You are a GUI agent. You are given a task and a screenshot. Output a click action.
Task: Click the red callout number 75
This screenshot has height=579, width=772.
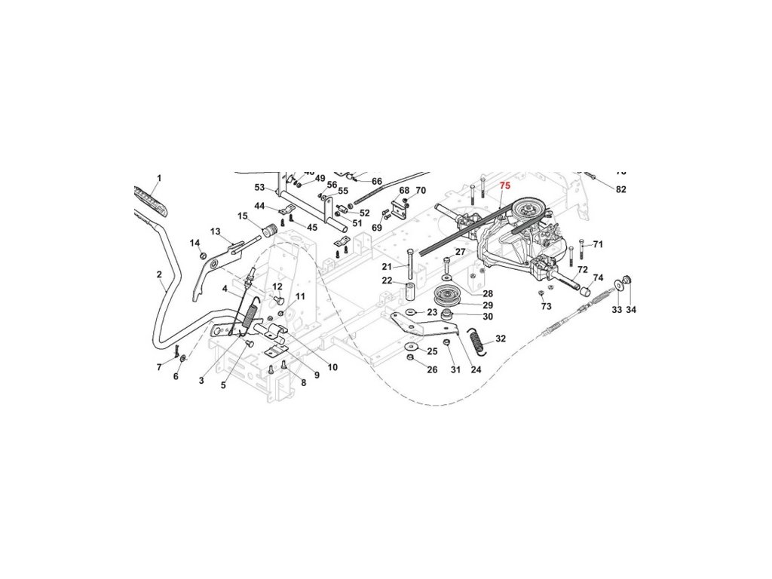[x=504, y=185]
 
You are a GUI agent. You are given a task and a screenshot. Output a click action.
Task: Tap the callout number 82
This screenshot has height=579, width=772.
[x=620, y=189]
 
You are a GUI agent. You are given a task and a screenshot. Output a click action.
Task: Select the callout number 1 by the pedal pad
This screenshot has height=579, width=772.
[x=159, y=178]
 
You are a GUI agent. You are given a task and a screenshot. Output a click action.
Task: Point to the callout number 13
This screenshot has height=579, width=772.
[x=215, y=231]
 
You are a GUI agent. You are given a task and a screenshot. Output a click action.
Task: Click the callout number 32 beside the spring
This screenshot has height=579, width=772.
[x=501, y=339]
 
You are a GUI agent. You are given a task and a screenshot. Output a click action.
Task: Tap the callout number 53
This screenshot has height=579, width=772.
[x=259, y=187]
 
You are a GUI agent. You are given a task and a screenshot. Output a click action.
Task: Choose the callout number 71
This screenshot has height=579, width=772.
[x=598, y=244]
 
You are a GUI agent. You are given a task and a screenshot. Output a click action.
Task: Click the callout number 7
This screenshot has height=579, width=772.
[x=159, y=367]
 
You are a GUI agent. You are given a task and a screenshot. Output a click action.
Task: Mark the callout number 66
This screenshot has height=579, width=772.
[x=377, y=181]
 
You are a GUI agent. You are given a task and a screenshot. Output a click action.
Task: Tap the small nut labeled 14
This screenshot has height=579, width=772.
[x=203, y=256]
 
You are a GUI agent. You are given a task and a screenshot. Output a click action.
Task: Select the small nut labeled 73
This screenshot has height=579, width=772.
[x=541, y=292]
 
